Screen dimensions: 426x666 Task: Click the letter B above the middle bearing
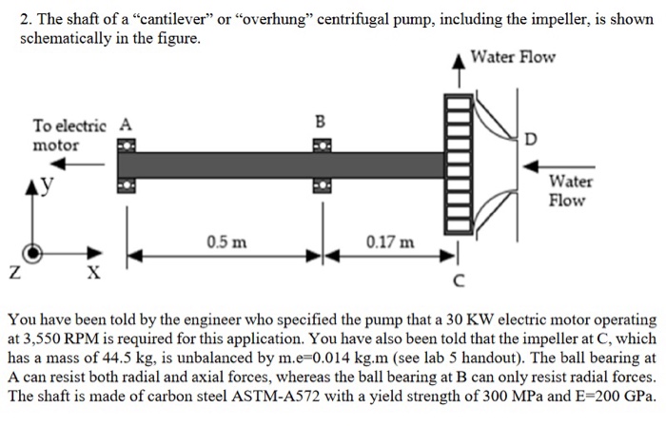coord(321,121)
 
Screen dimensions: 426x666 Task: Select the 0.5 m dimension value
coord(226,242)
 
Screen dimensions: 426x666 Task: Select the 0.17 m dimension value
coord(389,242)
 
